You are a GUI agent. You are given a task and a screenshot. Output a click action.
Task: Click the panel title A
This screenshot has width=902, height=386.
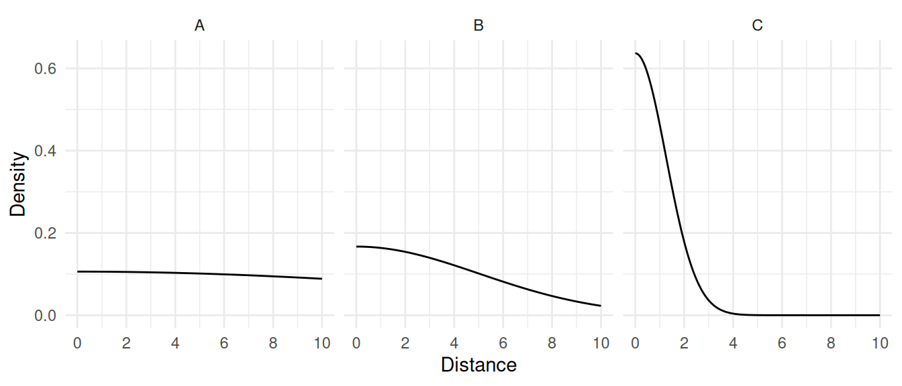click(x=199, y=26)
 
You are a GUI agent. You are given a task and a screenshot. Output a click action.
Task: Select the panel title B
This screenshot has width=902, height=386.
click(x=479, y=26)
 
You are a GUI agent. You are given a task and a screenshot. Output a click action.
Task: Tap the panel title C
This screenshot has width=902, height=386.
click(x=757, y=26)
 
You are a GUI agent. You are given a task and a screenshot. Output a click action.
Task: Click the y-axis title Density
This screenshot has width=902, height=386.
click(x=19, y=184)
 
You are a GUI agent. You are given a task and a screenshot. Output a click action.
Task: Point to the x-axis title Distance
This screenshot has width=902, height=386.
click(x=479, y=365)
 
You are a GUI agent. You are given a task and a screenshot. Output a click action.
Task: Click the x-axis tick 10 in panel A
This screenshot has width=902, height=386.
click(x=321, y=344)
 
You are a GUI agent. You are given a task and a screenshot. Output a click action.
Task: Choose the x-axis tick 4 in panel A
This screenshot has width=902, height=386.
click(x=175, y=344)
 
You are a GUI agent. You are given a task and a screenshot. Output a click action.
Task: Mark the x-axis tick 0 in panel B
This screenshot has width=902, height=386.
click(x=356, y=344)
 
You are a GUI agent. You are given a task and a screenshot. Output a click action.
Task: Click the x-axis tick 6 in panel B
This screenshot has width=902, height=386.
click(x=503, y=344)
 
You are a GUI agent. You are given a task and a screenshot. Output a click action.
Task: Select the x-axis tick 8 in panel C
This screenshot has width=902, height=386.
click(x=830, y=344)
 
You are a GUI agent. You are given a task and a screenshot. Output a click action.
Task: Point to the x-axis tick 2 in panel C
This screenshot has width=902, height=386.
click(x=684, y=344)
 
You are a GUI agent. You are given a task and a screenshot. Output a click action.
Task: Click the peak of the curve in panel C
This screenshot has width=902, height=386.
click(x=636, y=53)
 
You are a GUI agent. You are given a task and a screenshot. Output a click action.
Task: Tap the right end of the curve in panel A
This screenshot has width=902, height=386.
click(x=321, y=279)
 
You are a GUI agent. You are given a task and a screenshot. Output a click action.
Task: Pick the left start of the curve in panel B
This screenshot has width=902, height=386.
click(x=356, y=247)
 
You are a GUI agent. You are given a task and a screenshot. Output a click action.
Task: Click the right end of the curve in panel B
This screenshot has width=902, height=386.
click(x=600, y=306)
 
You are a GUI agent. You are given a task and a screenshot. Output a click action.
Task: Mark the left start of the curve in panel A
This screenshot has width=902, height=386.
click(x=78, y=271)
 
